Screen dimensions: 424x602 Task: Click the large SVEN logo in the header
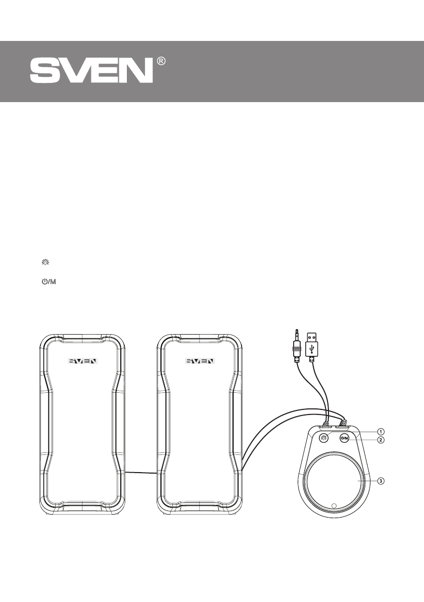(91, 71)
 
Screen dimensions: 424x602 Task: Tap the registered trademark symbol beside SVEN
(162, 61)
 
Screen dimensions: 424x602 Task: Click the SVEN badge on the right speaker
(200, 361)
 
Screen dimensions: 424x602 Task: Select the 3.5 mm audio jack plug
(297, 346)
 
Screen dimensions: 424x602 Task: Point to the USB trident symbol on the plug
(313, 348)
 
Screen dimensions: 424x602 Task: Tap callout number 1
(380, 431)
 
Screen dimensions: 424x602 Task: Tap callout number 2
(380, 440)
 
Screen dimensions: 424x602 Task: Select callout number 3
(380, 481)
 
